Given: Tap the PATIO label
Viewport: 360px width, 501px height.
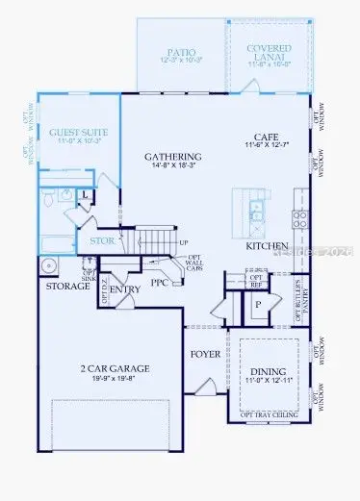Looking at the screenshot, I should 180,49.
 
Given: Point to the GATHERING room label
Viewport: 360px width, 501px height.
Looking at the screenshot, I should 172,157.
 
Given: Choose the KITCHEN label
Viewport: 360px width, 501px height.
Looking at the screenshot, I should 268,247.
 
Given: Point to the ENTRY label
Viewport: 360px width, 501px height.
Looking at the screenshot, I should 125,288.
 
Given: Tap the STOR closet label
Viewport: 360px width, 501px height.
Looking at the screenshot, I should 102,241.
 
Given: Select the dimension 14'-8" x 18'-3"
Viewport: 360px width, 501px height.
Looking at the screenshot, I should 172,167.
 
